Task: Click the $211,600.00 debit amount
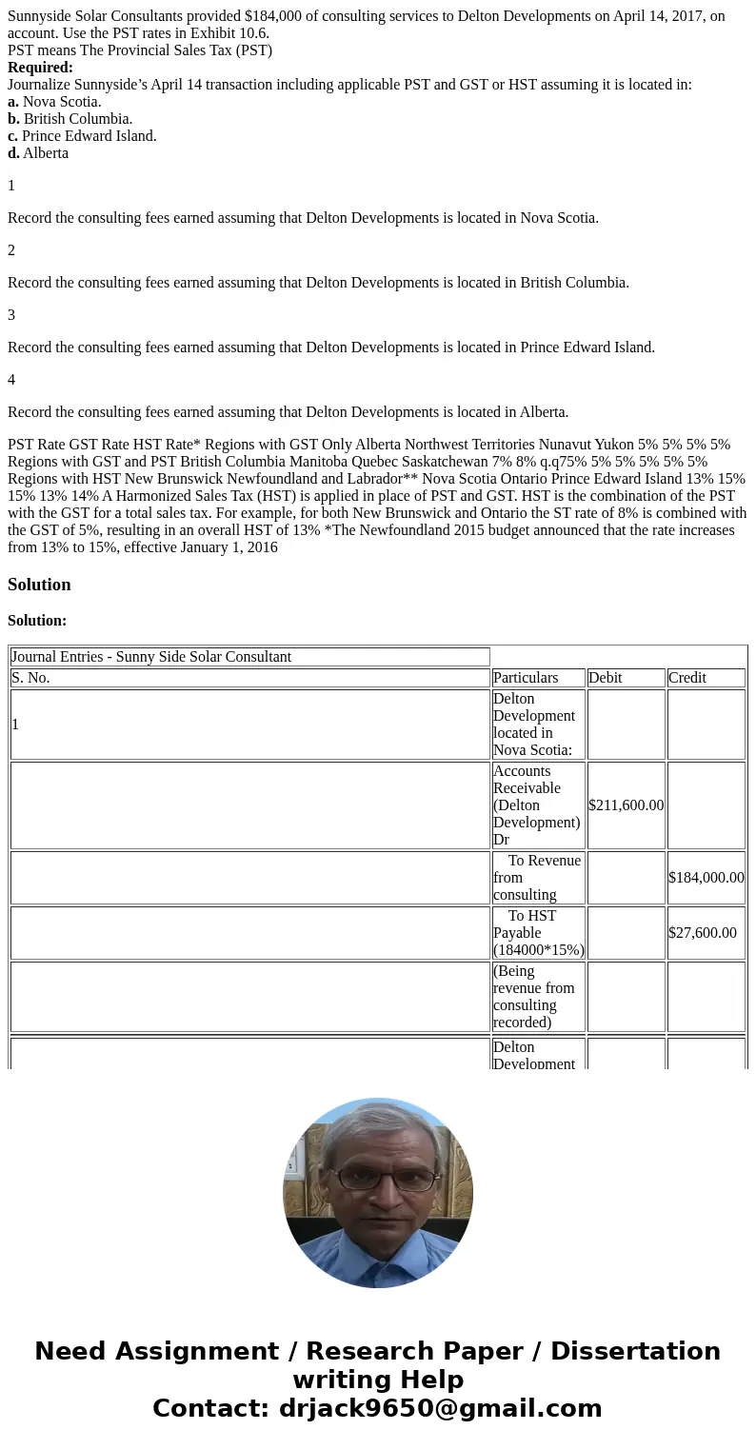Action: click(626, 805)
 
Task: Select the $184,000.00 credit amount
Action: click(706, 878)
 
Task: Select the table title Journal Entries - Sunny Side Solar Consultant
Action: click(151, 657)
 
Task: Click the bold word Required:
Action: click(40, 68)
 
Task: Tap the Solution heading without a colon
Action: click(39, 585)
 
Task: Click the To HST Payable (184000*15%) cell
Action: click(538, 933)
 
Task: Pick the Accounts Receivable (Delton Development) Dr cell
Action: click(536, 805)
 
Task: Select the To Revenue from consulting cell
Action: click(537, 878)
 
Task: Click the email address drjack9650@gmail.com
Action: click(440, 1409)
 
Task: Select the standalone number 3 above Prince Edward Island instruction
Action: click(11, 315)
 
